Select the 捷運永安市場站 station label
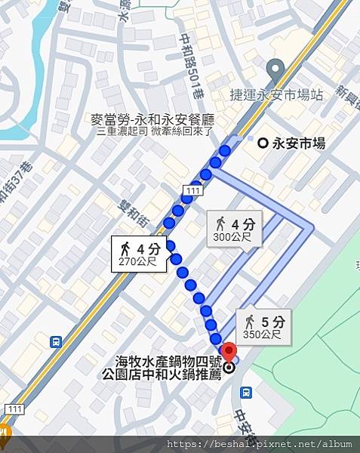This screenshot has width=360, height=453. (x=276, y=95)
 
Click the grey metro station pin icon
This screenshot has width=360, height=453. (x=276, y=69)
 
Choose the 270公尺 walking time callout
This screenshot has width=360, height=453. (x=138, y=254)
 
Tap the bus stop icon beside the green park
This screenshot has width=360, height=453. (x=246, y=393)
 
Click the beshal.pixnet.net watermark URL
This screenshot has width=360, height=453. (x=260, y=445)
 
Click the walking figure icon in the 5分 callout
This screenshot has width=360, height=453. (x=250, y=321)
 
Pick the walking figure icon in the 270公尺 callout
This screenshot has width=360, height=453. (x=125, y=248)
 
